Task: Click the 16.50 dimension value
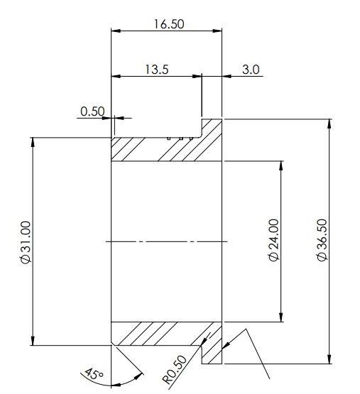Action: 169,24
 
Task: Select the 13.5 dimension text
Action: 157,70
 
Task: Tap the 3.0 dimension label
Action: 251,70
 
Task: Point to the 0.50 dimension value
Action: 92,111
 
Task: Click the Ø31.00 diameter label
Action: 26,242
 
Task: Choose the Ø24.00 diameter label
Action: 274,240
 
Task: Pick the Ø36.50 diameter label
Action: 322,240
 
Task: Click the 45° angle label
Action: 94,374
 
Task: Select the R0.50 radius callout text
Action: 175,370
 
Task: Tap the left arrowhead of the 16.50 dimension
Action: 116,31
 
